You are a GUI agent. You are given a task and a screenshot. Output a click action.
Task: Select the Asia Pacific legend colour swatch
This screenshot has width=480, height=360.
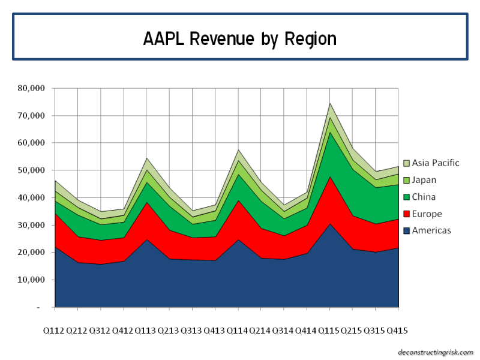pos(406,163)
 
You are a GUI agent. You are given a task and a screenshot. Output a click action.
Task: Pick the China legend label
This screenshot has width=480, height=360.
pos(424,197)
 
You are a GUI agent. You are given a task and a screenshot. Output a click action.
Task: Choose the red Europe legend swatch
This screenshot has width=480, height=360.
pos(406,214)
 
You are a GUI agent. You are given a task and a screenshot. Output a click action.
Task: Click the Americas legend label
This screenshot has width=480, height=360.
pos(430,230)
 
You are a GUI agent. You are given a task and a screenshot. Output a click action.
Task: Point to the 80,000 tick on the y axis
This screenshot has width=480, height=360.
pos(32,88)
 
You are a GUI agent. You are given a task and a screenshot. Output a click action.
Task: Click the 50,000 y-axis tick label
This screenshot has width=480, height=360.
pos(32,170)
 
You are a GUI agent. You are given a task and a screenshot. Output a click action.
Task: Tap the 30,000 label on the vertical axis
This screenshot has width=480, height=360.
pos(32,225)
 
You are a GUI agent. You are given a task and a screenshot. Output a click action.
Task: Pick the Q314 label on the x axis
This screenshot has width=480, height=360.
pos(284,331)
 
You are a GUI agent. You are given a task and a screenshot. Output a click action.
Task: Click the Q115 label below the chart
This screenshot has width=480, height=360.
pos(329,331)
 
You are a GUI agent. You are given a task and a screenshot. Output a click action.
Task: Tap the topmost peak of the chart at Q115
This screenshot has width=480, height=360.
pos(329,103)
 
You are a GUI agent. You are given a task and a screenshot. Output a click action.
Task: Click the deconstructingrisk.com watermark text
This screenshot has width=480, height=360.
pos(436,352)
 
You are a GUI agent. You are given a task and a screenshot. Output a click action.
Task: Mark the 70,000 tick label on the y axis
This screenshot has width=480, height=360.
pos(32,116)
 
